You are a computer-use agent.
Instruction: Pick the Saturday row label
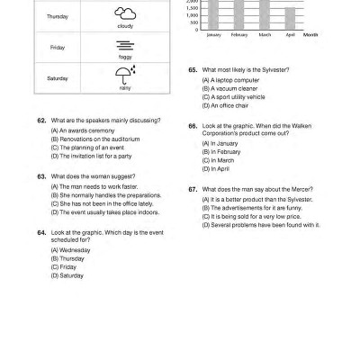tap(57, 78)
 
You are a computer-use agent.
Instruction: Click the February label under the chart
tap(238, 35)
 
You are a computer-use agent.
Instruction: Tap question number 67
tap(193, 189)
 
